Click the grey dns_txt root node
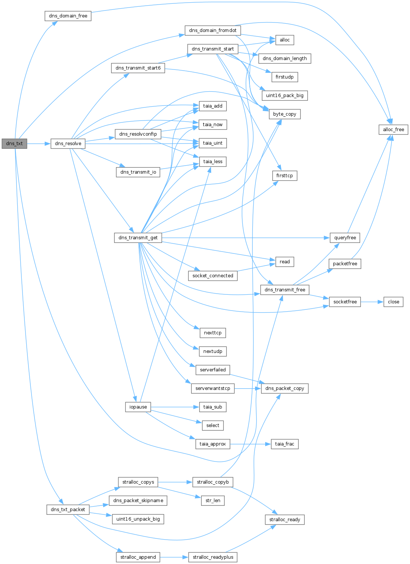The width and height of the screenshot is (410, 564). pyautogui.click(x=14, y=143)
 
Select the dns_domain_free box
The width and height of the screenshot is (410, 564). pyautogui.click(x=68, y=16)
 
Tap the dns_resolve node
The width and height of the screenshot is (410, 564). pyautogui.click(x=68, y=143)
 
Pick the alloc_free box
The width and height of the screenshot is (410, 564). pyautogui.click(x=393, y=130)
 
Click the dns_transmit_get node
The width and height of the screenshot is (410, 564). pyautogui.click(x=138, y=238)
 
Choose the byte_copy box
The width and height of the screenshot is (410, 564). pyautogui.click(x=284, y=114)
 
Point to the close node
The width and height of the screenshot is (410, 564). pyautogui.click(x=393, y=302)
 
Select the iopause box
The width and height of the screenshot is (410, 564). pyautogui.click(x=138, y=407)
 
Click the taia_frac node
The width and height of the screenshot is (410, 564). pyautogui.click(x=285, y=444)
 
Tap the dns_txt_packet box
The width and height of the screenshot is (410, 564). pyautogui.click(x=68, y=510)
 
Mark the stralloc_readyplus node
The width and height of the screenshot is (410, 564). pyautogui.click(x=213, y=557)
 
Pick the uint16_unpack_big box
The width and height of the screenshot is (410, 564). pyautogui.click(x=138, y=519)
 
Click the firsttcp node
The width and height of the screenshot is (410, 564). pyautogui.click(x=284, y=176)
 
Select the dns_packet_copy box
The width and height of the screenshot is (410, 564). pyautogui.click(x=284, y=388)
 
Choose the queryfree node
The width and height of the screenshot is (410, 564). pyautogui.click(x=345, y=238)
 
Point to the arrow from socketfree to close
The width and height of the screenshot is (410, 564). pyautogui.click(x=372, y=302)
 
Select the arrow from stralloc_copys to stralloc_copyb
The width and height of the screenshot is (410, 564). pyautogui.click(x=175, y=482)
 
